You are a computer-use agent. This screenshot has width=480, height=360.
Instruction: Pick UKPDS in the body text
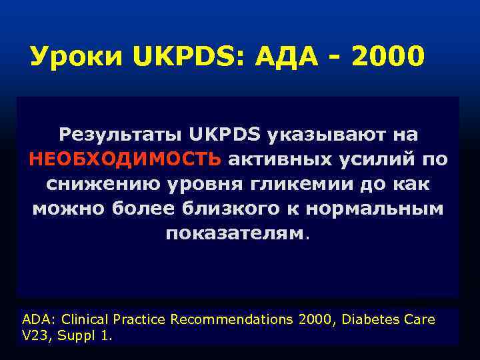click(x=225, y=135)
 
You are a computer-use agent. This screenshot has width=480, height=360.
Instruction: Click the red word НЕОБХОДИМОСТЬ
click(x=125, y=160)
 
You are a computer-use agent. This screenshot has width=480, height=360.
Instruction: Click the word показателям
click(x=236, y=233)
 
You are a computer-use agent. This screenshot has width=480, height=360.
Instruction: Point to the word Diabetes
click(x=371, y=319)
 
